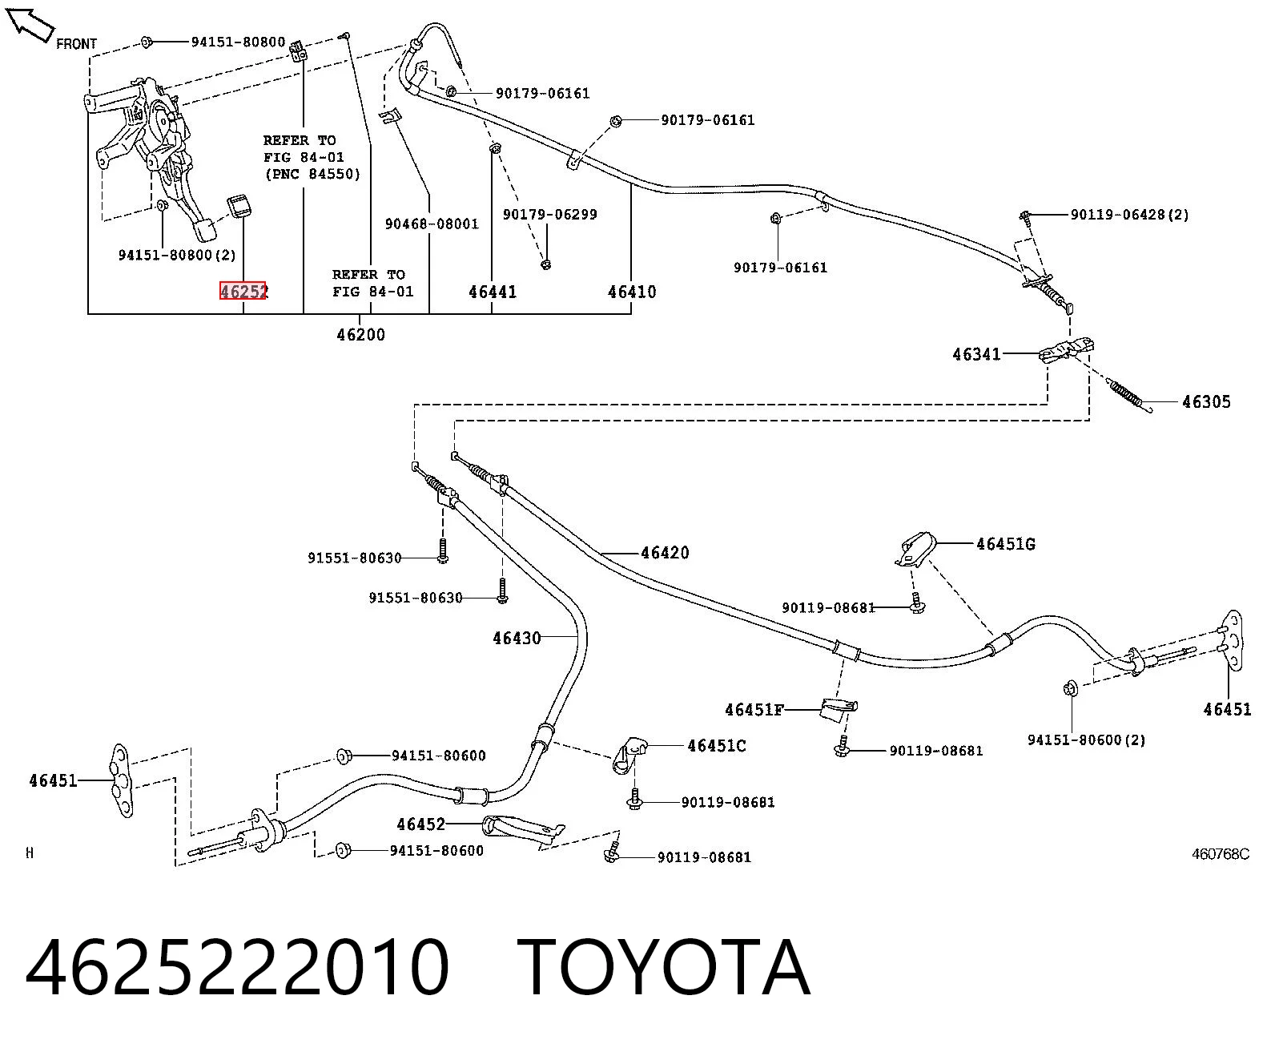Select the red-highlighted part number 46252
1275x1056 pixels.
243,291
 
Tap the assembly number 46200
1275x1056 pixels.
361,335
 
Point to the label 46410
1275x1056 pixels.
632,292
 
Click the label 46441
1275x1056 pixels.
493,292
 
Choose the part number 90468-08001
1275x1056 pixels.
432,224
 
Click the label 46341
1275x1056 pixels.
976,354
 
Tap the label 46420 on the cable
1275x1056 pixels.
665,553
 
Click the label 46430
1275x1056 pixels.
517,639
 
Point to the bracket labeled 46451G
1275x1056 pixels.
916,549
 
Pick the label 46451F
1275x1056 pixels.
754,710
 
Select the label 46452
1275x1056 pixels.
420,825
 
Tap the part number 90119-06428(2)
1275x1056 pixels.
1130,215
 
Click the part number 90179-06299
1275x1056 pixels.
550,215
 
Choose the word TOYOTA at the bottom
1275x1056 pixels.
664,968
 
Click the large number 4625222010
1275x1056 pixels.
237,968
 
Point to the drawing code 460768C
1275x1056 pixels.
1221,854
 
